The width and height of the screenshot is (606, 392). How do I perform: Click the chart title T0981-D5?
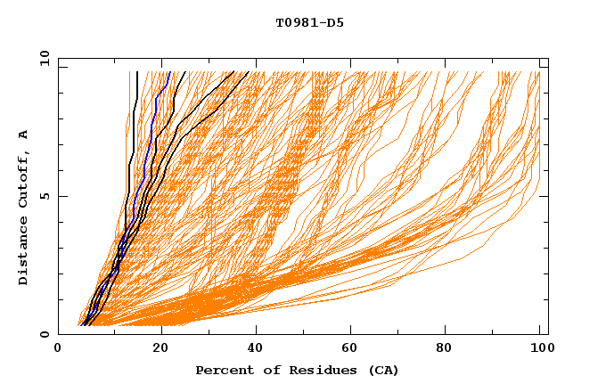tap(309, 22)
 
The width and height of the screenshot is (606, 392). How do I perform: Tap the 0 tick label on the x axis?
tap(59, 349)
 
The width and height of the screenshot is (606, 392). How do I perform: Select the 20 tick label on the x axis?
tap(155, 349)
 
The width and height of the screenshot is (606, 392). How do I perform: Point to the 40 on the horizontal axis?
tap(252, 349)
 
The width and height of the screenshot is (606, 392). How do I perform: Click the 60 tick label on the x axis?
tap(348, 349)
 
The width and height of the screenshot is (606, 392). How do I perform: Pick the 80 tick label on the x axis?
tap(445, 349)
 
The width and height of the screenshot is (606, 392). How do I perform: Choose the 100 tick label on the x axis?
tap(537, 349)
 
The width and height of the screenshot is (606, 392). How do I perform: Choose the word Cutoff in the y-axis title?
tap(23, 175)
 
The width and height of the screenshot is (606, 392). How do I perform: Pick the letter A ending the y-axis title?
tap(23, 134)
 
